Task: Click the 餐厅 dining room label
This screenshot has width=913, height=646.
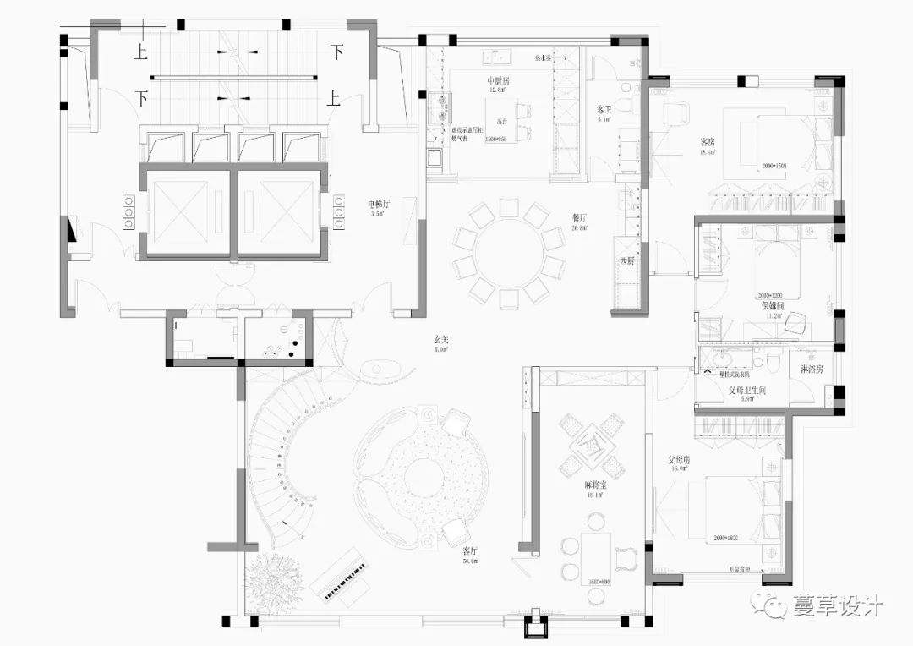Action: [x=579, y=216]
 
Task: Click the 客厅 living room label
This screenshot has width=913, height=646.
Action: [x=471, y=550]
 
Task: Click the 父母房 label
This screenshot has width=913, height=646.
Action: [x=679, y=460]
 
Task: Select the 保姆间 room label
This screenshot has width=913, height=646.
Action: [x=773, y=305]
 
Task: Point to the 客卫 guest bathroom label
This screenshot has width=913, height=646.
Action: [x=604, y=110]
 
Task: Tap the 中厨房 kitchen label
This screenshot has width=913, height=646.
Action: [x=498, y=79]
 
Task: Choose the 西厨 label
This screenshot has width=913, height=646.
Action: [x=626, y=261]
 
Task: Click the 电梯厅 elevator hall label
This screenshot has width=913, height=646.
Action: [x=378, y=204]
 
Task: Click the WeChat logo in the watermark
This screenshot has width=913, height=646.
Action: [x=774, y=606]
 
